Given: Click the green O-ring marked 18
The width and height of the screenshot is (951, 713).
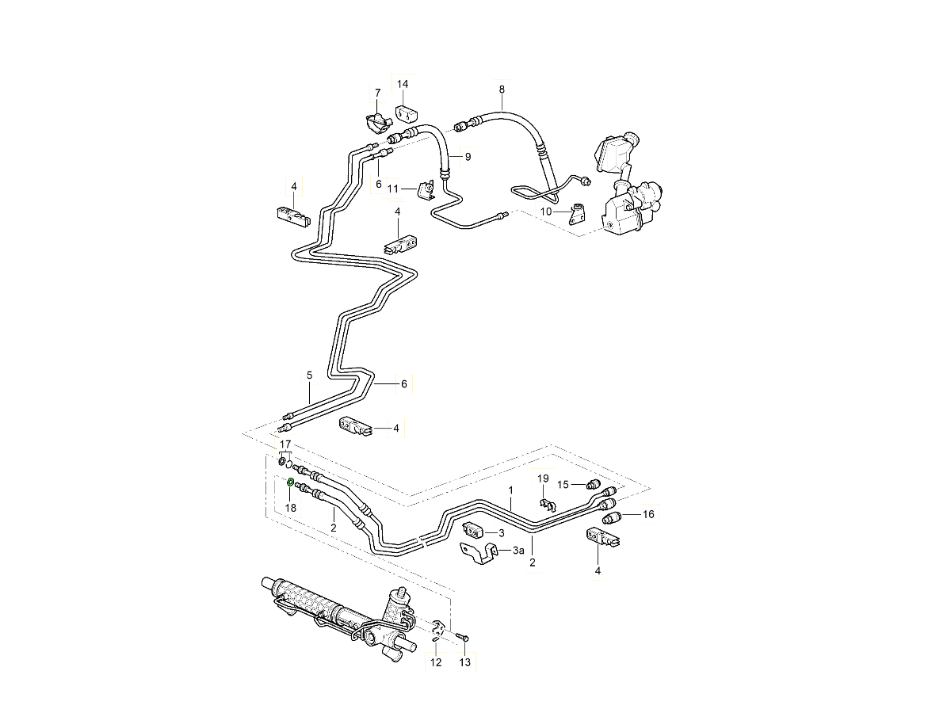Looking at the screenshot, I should click(290, 482).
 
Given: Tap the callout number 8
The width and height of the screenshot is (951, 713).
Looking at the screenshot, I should click(501, 90).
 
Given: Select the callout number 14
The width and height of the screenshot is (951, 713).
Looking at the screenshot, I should click(403, 84).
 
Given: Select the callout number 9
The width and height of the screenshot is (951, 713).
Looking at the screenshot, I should click(468, 157).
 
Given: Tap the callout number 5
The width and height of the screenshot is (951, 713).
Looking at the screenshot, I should click(310, 375).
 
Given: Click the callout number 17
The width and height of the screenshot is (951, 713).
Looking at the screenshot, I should click(285, 444).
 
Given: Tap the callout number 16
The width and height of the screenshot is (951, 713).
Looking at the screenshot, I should click(648, 515).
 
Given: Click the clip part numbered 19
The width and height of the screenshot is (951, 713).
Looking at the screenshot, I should click(546, 502).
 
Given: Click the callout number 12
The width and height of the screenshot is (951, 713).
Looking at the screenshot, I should click(435, 662).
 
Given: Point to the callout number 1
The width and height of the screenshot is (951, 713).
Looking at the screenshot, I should click(511, 490).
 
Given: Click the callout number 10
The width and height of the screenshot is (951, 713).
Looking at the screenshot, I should click(546, 212).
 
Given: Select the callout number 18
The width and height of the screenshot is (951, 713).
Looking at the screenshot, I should click(290, 507).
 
